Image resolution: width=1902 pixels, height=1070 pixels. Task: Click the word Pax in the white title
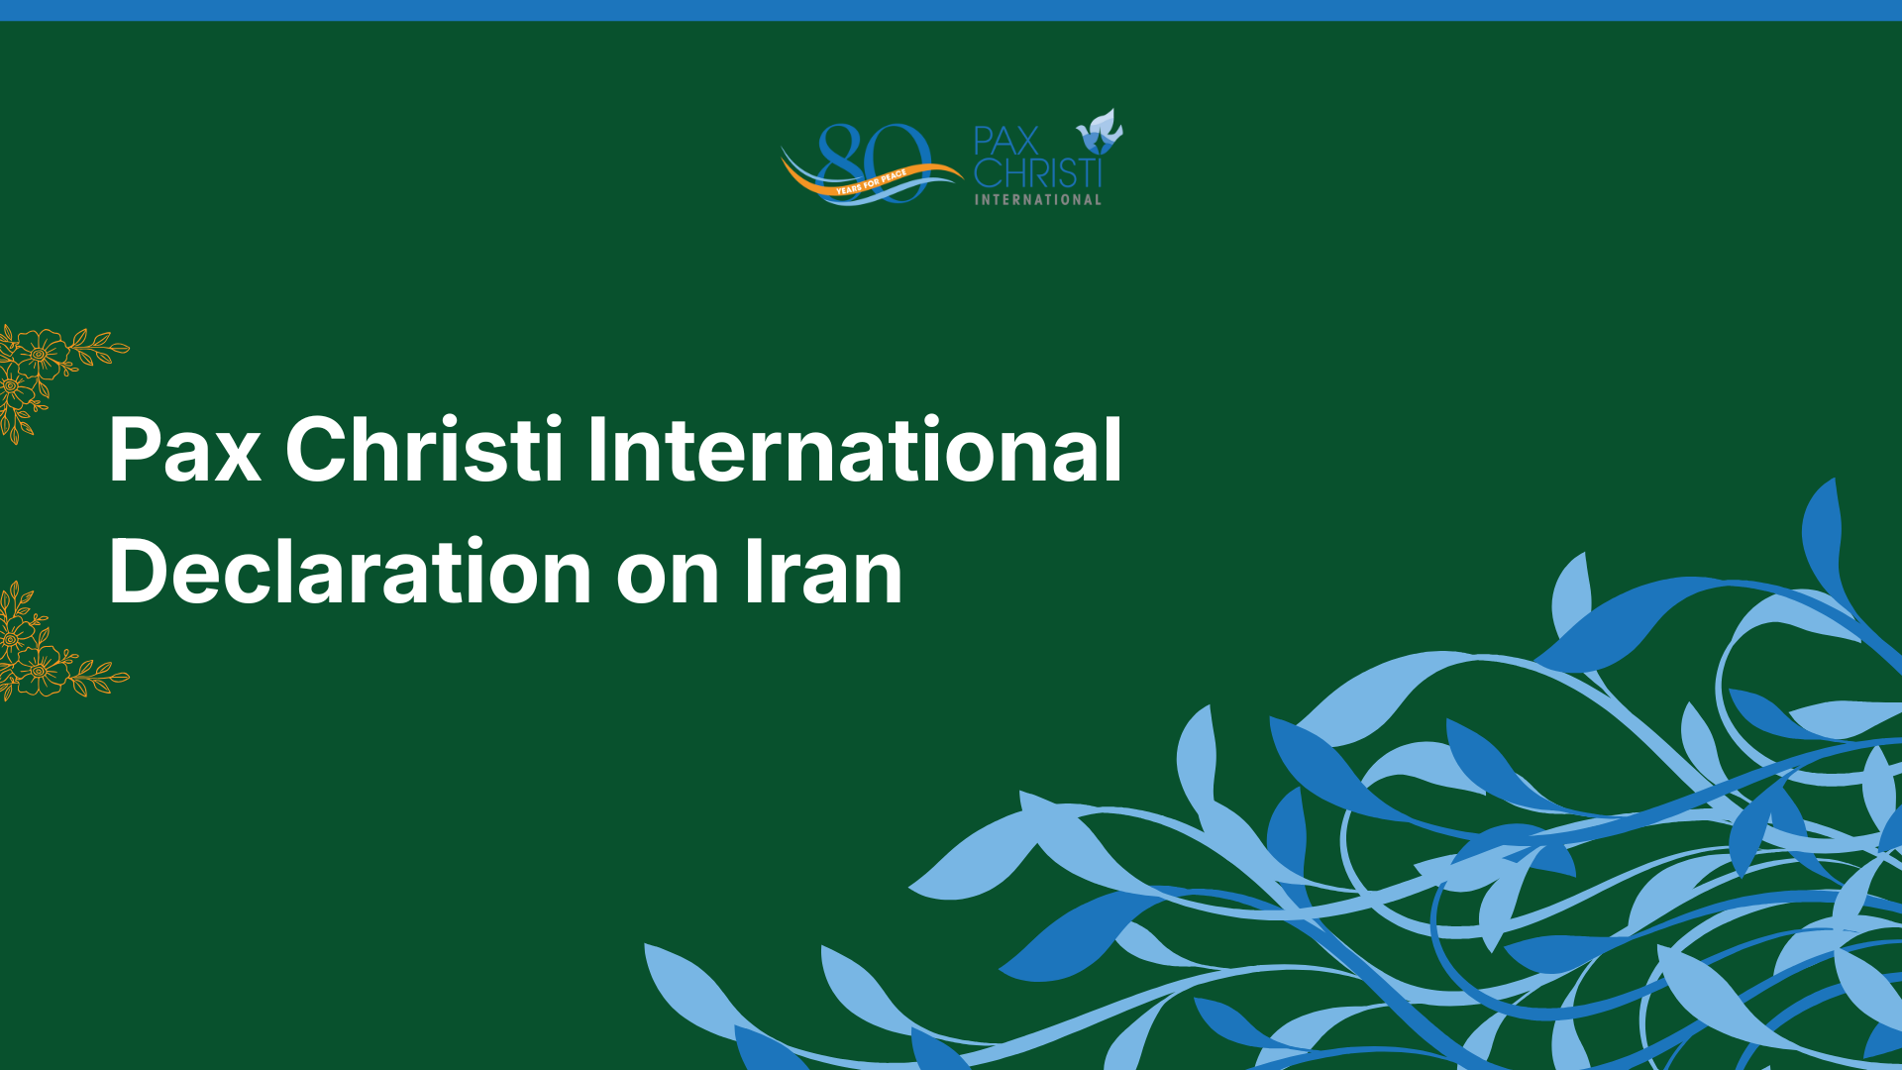coord(185,451)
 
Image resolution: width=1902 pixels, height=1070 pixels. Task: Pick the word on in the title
coord(667,580)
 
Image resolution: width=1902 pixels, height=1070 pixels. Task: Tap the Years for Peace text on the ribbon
coord(871,182)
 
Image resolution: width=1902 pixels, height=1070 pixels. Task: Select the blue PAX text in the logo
coord(1006,141)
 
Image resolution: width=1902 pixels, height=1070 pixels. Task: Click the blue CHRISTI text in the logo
coord(1038,173)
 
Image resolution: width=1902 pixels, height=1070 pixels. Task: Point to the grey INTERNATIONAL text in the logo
coord(1038,199)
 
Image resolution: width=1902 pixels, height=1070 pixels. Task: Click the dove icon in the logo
coord(1100,133)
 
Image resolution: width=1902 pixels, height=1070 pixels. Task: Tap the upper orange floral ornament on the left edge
coord(50,376)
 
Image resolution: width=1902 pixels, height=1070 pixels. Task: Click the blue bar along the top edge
coord(951,10)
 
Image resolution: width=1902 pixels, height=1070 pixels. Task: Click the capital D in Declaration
coord(137,572)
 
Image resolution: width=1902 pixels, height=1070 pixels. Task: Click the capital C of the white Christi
coord(315,451)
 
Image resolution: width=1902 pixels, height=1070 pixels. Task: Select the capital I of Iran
coord(753,572)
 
